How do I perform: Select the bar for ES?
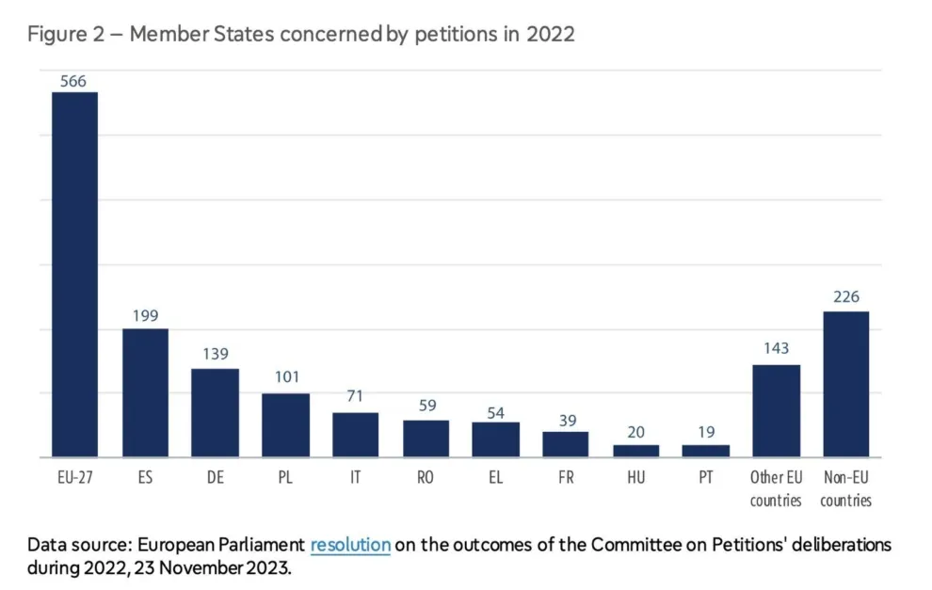[145, 393]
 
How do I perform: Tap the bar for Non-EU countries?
[845, 384]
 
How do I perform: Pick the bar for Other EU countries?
[776, 411]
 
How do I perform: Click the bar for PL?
[285, 425]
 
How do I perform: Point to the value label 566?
[73, 81]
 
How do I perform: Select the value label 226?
[845, 297]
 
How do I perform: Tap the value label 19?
[705, 433]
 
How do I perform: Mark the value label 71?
[355, 396]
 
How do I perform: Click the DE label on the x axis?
[216, 478]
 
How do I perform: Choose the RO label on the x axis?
[426, 478]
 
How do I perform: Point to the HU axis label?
[635, 478]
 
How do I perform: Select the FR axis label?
[565, 478]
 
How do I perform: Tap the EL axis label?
[495, 478]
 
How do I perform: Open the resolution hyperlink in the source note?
[350, 545]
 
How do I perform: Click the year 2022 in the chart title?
[551, 35]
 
